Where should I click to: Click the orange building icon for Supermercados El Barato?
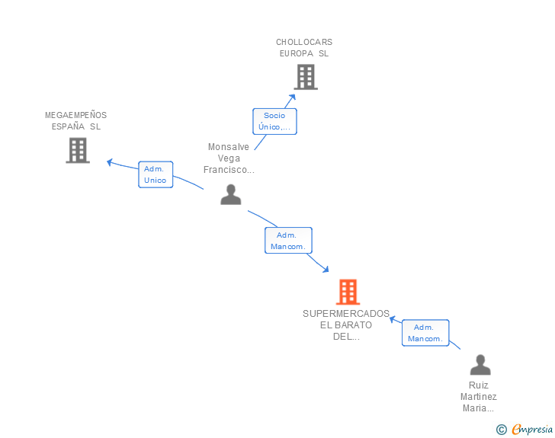point(348,292)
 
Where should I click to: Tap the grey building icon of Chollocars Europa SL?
point(306,77)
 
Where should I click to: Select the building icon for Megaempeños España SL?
point(78,150)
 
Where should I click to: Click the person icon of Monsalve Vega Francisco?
point(231,194)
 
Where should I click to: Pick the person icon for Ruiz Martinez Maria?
point(480,364)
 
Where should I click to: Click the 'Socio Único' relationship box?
point(274,121)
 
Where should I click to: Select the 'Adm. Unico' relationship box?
point(156,174)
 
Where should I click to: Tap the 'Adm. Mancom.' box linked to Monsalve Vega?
point(288,241)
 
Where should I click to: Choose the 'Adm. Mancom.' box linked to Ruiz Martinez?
point(425,333)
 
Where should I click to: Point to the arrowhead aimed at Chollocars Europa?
point(293,97)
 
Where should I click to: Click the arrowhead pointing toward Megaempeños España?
point(109,162)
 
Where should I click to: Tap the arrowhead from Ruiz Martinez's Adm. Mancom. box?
point(392,319)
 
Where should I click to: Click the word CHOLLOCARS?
point(304,42)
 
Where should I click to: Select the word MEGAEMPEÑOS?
point(75,115)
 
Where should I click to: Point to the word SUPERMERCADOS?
point(346,314)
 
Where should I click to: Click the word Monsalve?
point(228,147)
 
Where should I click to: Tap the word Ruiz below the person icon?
point(479,385)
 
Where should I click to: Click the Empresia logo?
point(532,429)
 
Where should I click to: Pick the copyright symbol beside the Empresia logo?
point(501,430)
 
